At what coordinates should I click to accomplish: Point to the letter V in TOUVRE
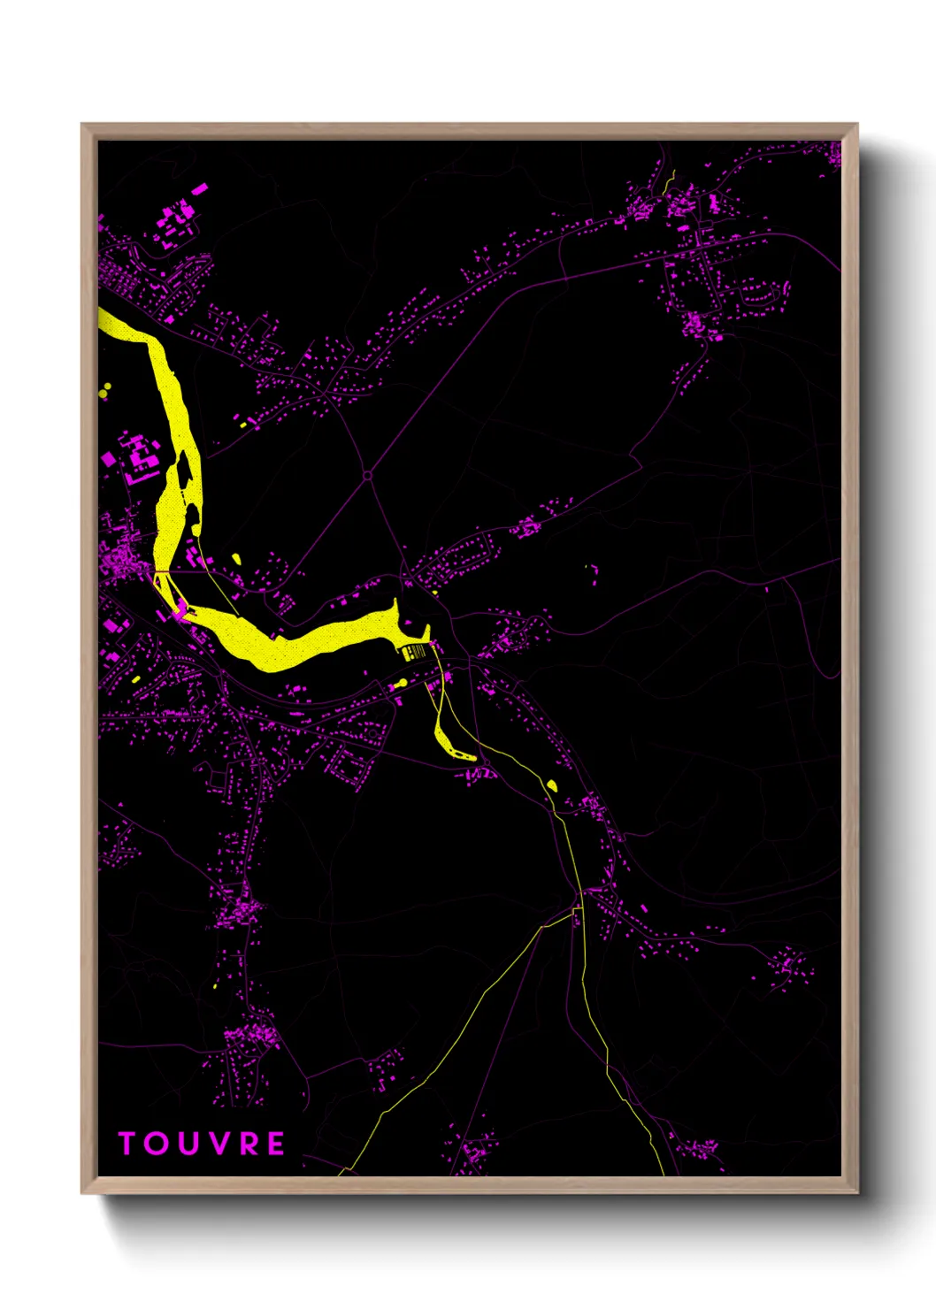click(219, 1144)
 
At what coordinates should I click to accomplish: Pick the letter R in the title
click(249, 1144)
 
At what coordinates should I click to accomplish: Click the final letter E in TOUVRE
click(276, 1144)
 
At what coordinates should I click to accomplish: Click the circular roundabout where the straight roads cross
click(367, 476)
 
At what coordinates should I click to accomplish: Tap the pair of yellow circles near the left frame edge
click(106, 389)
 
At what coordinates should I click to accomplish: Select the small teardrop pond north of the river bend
click(236, 558)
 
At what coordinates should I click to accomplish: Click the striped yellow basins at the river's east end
click(414, 653)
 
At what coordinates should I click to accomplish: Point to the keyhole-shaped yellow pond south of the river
click(398, 684)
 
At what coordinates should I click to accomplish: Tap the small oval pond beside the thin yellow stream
click(552, 785)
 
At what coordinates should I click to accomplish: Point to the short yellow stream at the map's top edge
click(671, 181)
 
